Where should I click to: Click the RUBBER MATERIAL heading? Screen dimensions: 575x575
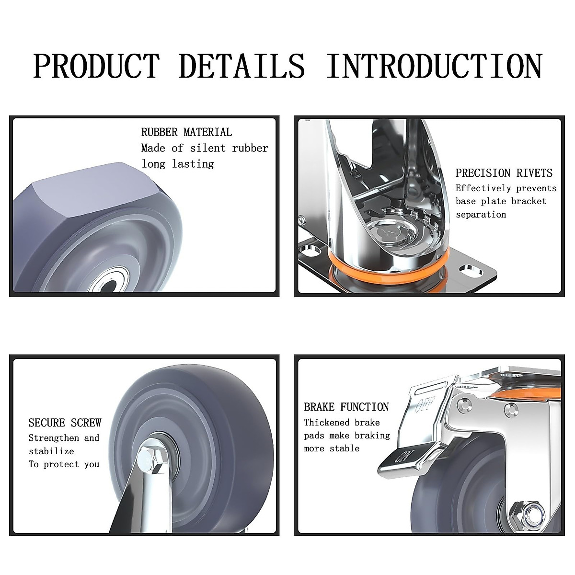pos(186,132)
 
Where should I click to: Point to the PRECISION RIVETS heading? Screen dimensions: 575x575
pos(504,173)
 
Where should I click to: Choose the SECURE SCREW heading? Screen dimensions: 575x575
pos(65,423)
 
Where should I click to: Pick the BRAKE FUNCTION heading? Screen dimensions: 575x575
pos(346,407)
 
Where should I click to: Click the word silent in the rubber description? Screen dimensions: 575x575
pos(208,148)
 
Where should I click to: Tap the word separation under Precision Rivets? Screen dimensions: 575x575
pos(481,215)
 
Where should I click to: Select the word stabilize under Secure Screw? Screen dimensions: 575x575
pos(51,451)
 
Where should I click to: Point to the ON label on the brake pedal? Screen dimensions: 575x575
pos(401,456)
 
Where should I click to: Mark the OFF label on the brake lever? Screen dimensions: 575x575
pos(425,405)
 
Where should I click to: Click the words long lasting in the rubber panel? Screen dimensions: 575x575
pos(177,164)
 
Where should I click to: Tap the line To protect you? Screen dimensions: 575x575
pos(64,464)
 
